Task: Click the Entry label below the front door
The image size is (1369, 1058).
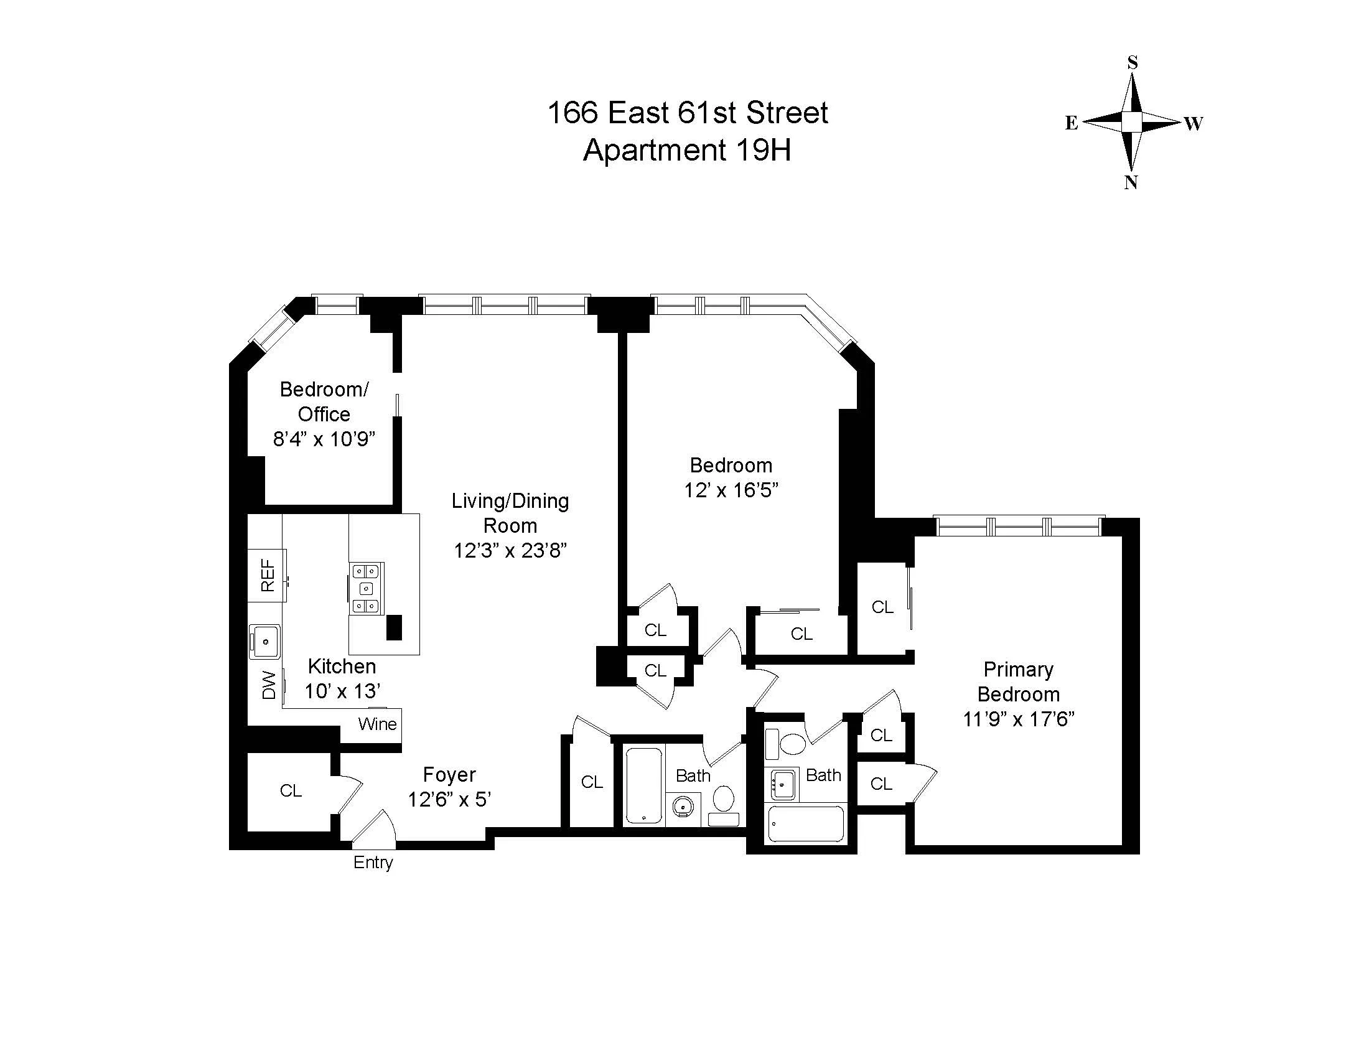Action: click(x=373, y=863)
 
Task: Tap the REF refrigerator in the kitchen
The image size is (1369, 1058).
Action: click(x=267, y=576)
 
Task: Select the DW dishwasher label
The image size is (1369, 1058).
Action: click(x=268, y=685)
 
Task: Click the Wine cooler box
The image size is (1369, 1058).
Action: click(x=376, y=724)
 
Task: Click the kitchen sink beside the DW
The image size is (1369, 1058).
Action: click(x=265, y=641)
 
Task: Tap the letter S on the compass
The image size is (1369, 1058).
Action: click(x=1132, y=63)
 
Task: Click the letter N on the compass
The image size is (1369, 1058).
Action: click(x=1131, y=182)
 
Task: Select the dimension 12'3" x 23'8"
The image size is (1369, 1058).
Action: click(x=510, y=550)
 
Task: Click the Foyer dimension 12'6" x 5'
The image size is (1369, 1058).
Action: click(x=449, y=800)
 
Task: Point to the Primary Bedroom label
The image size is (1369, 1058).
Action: click(x=1018, y=682)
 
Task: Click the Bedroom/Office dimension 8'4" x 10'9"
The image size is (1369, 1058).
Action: click(x=324, y=439)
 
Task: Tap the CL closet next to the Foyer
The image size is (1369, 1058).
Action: click(x=290, y=791)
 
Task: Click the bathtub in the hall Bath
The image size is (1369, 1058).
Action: click(x=644, y=786)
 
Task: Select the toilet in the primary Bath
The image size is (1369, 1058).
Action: click(x=793, y=744)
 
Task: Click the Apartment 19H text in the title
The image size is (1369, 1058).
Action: click(x=686, y=151)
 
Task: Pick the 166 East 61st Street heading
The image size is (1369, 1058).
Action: click(x=687, y=113)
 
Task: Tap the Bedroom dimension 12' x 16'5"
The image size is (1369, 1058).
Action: click(x=731, y=490)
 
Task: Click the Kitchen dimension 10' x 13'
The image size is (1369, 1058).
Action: click(x=342, y=691)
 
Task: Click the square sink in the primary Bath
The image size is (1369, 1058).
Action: click(x=783, y=784)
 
